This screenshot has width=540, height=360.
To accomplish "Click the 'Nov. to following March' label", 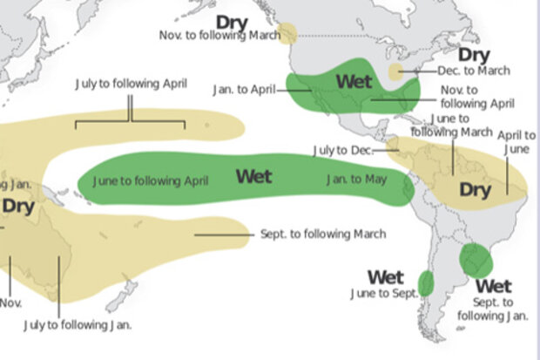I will [x=219, y=36].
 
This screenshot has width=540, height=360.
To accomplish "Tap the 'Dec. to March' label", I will [x=474, y=71].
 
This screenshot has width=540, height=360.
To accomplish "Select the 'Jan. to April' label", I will [x=245, y=90].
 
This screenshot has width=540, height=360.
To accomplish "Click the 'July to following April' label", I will [x=130, y=84].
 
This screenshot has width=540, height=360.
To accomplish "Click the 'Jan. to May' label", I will [x=355, y=180].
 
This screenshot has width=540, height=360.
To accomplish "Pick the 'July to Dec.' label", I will [x=342, y=151].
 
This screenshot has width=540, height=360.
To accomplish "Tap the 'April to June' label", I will [x=517, y=142].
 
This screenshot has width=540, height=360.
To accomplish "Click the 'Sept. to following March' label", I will [x=323, y=234].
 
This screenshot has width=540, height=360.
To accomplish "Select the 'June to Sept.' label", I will [x=383, y=294].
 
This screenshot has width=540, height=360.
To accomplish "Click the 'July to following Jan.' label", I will [x=78, y=324].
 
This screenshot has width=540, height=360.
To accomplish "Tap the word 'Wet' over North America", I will [x=354, y=82].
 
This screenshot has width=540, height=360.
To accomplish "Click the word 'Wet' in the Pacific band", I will [x=254, y=177].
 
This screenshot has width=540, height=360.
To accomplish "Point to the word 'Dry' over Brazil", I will [x=476, y=190].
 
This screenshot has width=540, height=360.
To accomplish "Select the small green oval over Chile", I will [x=426, y=282].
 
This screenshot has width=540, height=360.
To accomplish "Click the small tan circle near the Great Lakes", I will [x=396, y=71].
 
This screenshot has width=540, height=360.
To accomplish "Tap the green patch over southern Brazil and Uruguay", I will [x=475, y=260].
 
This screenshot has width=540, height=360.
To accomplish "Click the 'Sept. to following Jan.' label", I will [x=496, y=309].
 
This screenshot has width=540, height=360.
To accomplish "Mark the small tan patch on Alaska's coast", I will [x=288, y=35].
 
